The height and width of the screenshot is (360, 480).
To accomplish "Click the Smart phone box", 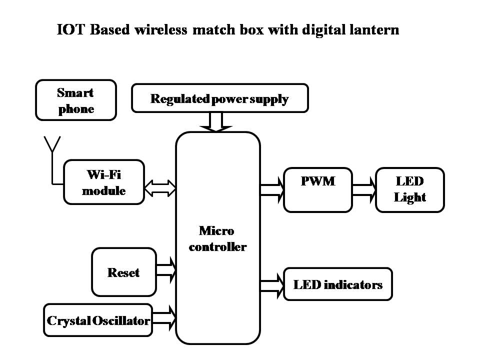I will click(76, 100).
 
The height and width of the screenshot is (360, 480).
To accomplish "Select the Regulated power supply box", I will click(219, 98).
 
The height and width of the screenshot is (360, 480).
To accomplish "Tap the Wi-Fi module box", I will click(104, 182).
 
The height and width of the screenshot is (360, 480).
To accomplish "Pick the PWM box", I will click(317, 189).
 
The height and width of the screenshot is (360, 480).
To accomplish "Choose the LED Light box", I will click(409, 189).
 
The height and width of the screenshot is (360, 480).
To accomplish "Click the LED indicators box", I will click(337, 284).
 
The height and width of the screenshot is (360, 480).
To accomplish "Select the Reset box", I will click(123, 272).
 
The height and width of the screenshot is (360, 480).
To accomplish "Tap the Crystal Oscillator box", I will click(98, 320).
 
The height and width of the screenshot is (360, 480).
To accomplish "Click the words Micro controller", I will click(217, 239).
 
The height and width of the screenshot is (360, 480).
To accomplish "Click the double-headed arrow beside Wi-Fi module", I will click(160, 188).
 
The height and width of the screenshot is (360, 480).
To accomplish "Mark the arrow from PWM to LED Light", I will click(364, 190).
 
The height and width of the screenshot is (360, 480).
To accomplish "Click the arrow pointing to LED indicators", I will click(271, 284).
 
